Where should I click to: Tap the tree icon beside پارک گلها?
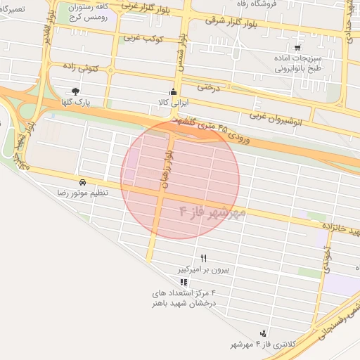(76, 91)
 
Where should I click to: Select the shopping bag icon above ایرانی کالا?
(173, 92)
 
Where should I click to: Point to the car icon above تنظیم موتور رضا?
(83, 181)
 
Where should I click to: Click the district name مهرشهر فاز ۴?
(212, 211)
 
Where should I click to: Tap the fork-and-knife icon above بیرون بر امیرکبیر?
(204, 258)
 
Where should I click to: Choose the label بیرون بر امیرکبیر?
(203, 269)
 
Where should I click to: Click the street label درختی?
(209, 88)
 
